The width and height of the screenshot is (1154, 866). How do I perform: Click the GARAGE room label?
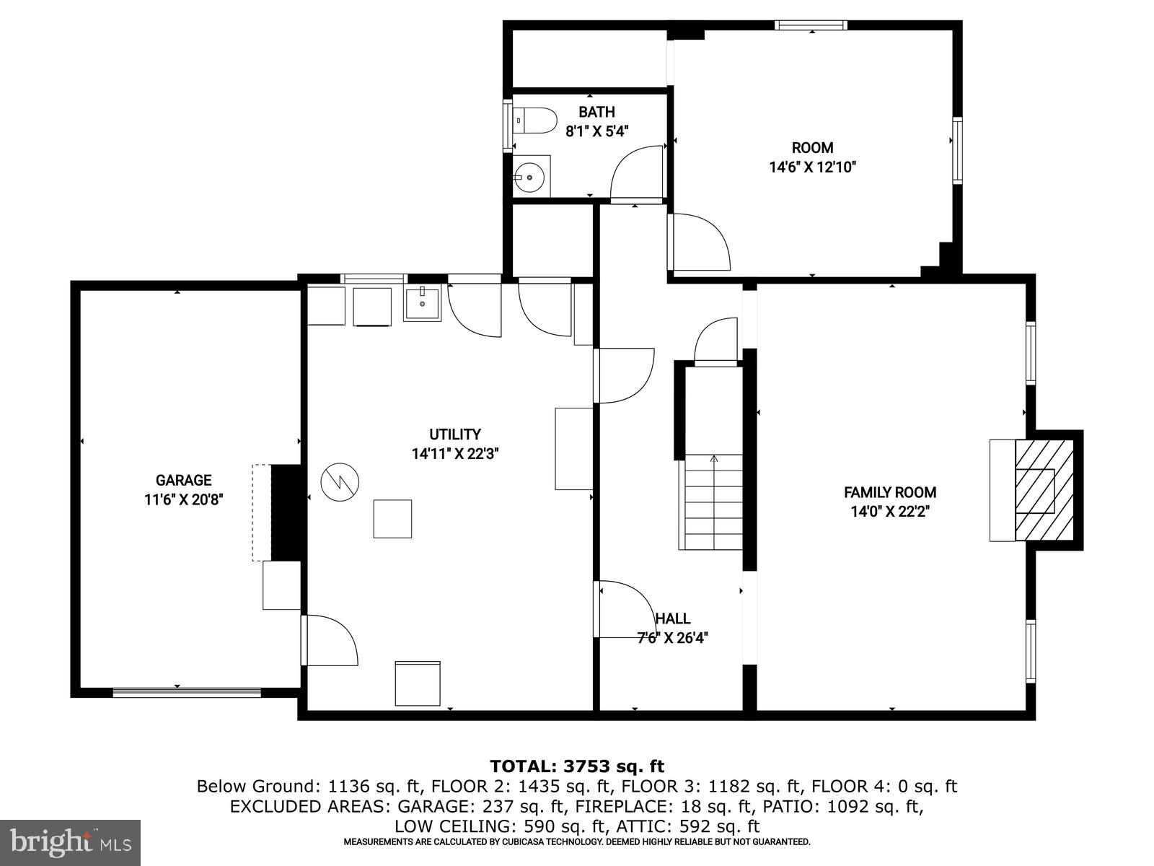point(183,480)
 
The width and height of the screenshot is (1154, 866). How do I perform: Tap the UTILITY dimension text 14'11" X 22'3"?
point(455,454)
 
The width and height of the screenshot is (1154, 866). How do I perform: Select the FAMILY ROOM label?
point(890,492)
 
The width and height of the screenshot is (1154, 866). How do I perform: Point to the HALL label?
point(673,618)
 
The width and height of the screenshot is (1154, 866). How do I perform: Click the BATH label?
point(596,112)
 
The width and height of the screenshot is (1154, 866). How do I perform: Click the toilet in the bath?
point(535,121)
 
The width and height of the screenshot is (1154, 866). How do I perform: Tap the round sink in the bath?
point(529,176)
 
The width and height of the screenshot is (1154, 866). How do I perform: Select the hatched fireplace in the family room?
point(1044,491)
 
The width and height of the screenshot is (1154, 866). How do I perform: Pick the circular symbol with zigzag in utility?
point(340,481)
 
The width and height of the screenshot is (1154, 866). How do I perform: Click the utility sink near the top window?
point(422,303)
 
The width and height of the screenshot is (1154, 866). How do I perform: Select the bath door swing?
point(636,173)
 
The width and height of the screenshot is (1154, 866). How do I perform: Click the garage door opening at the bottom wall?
point(187,692)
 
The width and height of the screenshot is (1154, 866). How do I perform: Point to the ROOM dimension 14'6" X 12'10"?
point(812,167)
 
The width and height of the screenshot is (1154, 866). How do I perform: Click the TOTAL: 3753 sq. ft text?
point(577,766)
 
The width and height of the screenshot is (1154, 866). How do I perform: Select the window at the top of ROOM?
point(811,25)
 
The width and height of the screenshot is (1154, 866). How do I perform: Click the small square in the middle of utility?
point(392,518)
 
